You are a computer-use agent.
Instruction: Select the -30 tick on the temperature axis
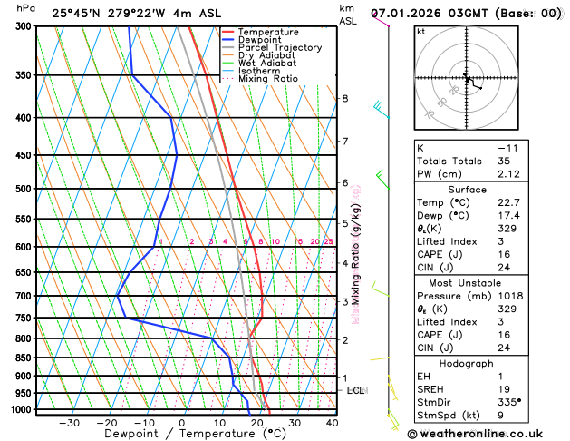(x=69, y=423)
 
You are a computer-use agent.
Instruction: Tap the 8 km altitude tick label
(x=344, y=98)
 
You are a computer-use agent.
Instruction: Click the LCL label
(x=356, y=390)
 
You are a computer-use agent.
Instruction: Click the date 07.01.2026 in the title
(x=410, y=14)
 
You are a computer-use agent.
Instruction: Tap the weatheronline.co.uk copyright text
(x=488, y=434)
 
